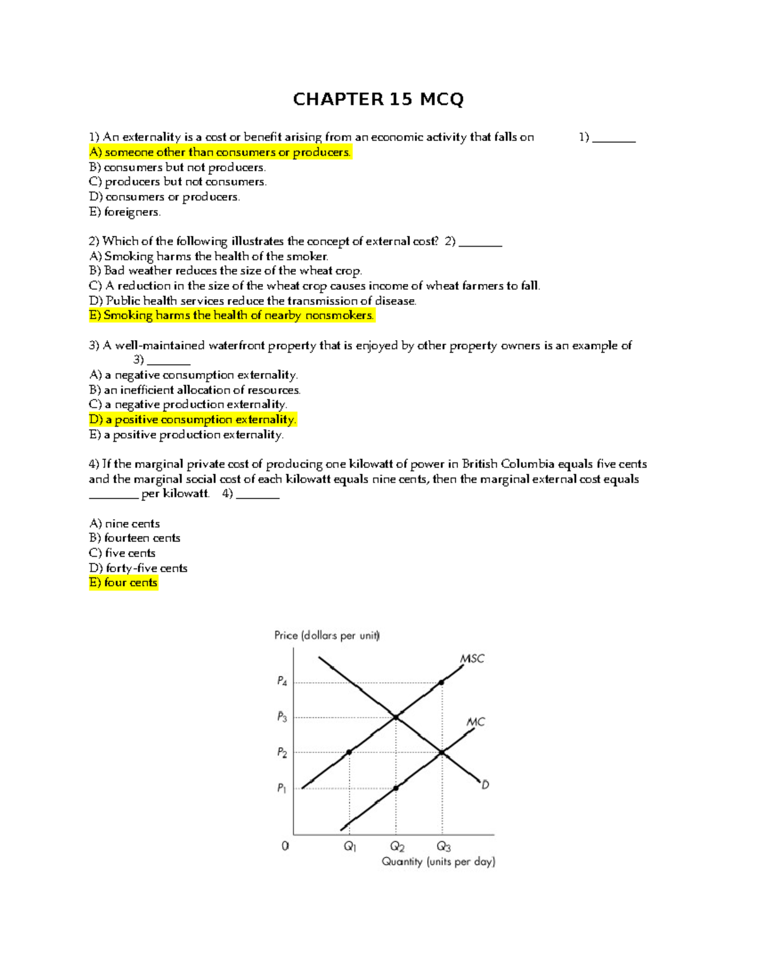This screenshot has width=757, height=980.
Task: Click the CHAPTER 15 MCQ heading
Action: (378, 99)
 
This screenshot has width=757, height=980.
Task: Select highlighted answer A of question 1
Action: (220, 152)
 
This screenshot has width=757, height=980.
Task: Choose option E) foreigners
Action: (125, 212)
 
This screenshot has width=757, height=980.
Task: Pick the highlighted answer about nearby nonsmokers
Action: (232, 315)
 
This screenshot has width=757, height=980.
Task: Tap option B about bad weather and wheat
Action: (225, 271)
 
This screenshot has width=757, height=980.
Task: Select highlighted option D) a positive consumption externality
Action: (192, 420)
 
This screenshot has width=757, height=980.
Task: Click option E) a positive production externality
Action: (186, 435)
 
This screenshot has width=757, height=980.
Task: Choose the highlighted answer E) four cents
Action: (123, 582)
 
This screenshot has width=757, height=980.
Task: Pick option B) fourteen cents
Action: (134, 538)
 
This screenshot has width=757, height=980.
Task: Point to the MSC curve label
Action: (472, 658)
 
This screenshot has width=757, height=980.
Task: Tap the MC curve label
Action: (476, 721)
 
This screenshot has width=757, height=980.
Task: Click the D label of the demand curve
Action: (485, 785)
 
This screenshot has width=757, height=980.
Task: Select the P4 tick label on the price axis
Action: (282, 682)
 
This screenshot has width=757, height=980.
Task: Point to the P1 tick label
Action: (281, 788)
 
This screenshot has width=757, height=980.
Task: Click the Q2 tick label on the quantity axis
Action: (397, 846)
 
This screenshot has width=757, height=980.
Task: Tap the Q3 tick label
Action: (443, 846)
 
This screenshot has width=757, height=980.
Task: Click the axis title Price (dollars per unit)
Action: (327, 635)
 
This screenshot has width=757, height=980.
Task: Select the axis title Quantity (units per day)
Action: (438, 861)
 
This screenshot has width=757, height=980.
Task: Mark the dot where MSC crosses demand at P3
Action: (396, 717)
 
